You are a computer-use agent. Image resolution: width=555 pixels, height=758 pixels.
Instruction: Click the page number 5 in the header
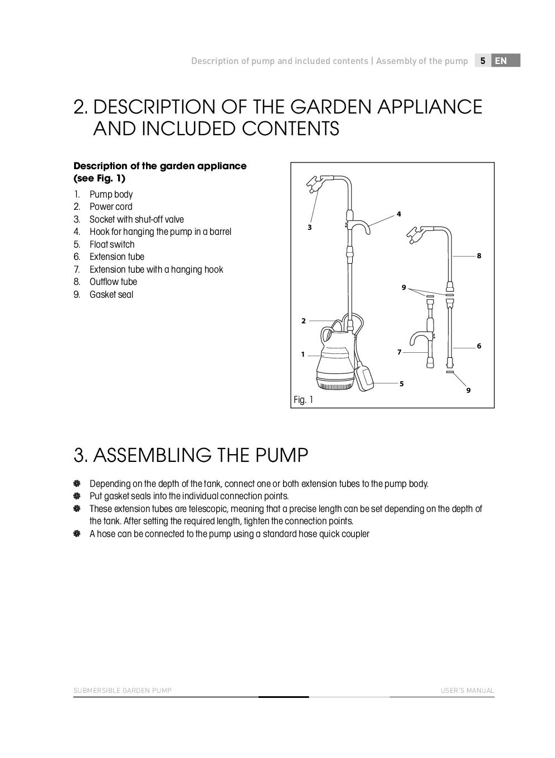(x=483, y=61)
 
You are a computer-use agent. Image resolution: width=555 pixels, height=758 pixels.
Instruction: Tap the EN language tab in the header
(x=501, y=61)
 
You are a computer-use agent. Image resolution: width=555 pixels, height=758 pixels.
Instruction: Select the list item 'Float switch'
(x=111, y=244)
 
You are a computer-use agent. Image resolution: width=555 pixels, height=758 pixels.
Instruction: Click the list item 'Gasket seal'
(x=111, y=294)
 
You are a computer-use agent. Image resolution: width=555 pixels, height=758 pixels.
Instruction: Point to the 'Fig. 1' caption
(x=303, y=400)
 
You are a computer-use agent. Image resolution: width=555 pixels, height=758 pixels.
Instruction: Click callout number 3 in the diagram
(x=309, y=227)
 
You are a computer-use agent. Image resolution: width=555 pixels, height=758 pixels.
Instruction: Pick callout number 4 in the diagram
(x=398, y=214)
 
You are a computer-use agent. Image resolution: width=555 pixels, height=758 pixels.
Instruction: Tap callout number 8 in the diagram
(x=479, y=255)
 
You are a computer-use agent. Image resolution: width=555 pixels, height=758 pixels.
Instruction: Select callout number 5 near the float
(x=401, y=383)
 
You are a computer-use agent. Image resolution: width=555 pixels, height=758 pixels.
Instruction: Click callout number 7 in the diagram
(x=399, y=352)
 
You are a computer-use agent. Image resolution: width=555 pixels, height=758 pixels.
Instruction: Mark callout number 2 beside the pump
(x=304, y=321)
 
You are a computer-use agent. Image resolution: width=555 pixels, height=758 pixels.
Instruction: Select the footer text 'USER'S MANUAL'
(x=467, y=691)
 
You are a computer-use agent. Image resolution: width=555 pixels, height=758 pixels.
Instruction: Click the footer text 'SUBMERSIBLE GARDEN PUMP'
(x=123, y=691)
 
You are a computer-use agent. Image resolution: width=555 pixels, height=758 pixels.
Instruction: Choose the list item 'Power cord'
(x=111, y=206)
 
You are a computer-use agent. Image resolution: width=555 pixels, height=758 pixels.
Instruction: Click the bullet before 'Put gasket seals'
(x=77, y=496)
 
